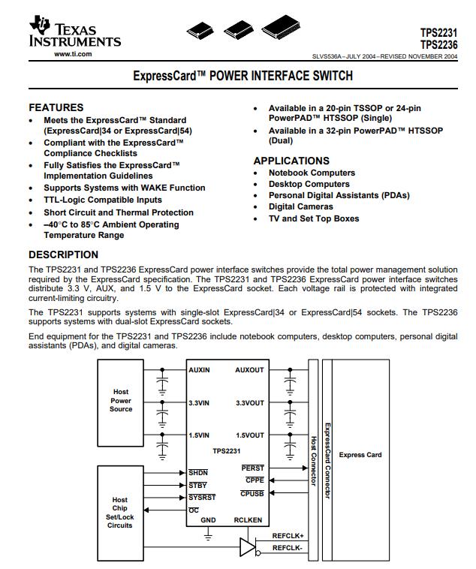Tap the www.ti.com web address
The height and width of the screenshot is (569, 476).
pos(73,54)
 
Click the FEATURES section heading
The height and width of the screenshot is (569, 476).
pos(56,107)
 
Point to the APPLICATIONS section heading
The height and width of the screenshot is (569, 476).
pos(291,161)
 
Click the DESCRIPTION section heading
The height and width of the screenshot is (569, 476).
pos(63,254)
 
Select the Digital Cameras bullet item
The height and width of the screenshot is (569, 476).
pos(300,206)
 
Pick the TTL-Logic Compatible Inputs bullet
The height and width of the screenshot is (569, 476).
pos(102,200)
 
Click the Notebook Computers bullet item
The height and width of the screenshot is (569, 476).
pos(312,173)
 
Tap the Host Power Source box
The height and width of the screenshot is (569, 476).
pos(121,400)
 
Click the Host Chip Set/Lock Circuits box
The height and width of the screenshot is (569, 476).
pos(120,512)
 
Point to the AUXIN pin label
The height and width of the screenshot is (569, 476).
pos(199,370)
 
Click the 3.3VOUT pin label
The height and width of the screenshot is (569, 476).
pos(249,403)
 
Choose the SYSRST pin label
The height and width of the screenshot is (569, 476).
pos(202,497)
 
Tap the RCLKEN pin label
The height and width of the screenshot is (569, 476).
pos(248,520)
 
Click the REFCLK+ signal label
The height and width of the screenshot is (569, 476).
pos(288,536)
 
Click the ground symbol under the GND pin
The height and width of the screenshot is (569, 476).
pos(208,534)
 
